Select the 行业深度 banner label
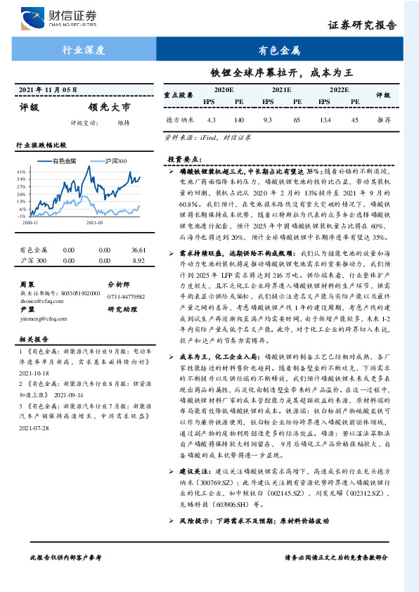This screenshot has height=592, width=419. click(84, 51)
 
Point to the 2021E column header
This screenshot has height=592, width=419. click(281, 91)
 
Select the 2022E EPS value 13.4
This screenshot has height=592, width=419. click(325, 120)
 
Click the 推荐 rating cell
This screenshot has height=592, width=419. click(384, 120)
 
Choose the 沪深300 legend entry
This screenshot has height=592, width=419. click(115, 161)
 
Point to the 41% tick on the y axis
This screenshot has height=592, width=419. click(21, 172)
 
